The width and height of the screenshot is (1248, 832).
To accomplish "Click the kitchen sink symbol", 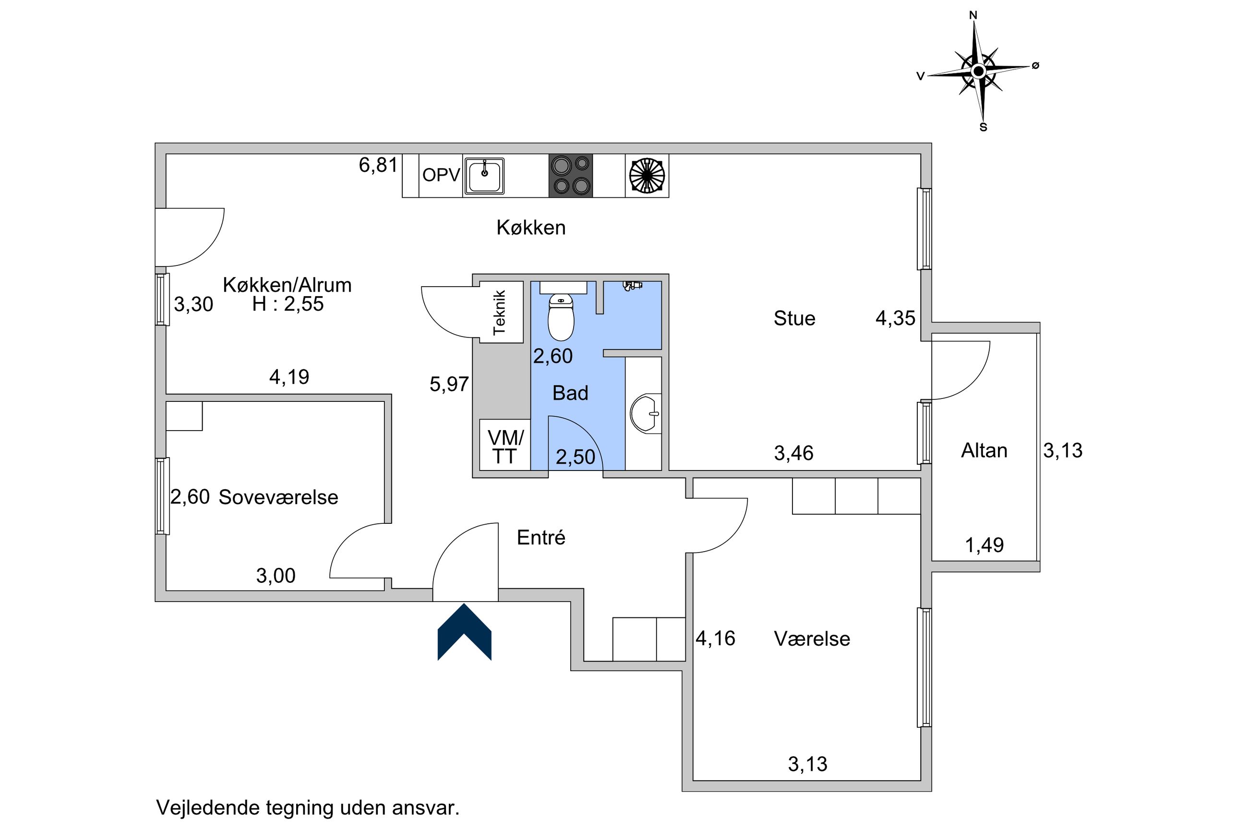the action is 484,176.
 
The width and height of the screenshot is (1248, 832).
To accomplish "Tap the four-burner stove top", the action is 570,176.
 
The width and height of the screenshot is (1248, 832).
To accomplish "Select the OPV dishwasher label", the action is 441,175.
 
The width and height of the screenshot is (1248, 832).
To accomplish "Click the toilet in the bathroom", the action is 561,317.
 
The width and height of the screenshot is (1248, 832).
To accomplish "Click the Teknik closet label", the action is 500,313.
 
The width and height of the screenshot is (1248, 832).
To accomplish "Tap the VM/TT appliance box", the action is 504,445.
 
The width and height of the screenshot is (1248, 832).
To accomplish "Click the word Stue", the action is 794,318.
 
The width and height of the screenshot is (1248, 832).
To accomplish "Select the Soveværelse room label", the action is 278,497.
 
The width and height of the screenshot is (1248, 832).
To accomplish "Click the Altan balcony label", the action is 984,450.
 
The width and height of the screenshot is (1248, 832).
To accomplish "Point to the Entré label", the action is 541,538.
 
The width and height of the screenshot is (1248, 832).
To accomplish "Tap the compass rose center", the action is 978,71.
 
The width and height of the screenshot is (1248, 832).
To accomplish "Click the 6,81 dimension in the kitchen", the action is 378,165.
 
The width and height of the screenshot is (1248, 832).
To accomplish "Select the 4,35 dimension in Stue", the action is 895,318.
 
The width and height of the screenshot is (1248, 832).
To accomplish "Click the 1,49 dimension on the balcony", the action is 984,545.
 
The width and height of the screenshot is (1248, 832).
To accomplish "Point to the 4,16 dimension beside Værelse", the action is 716,639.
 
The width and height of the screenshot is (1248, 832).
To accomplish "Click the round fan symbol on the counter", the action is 647,176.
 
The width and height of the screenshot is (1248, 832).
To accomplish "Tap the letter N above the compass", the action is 973,15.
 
